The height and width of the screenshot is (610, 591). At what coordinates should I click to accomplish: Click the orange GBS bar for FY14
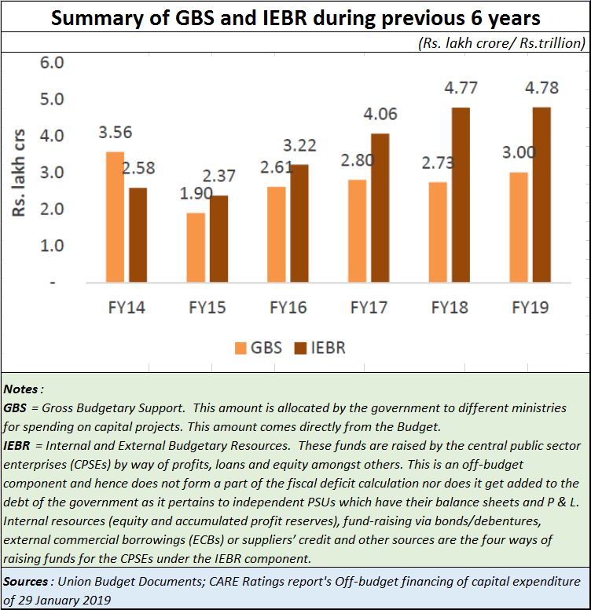click(115, 217)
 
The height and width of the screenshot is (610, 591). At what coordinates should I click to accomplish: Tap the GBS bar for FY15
click(196, 247)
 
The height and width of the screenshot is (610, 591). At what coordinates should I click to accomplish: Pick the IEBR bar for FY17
click(380, 208)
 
